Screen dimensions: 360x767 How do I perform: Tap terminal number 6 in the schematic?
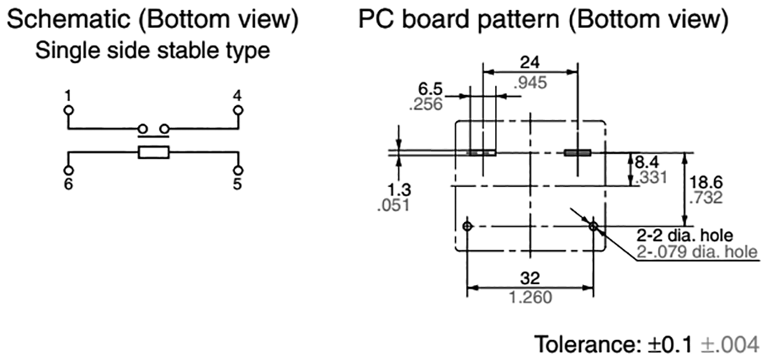coord(67,184)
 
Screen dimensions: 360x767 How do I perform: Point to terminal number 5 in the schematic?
coord(237,184)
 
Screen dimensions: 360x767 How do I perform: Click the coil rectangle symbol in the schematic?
coord(154,152)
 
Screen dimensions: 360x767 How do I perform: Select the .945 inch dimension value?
coord(530,82)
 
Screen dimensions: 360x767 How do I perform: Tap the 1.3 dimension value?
coord(398,190)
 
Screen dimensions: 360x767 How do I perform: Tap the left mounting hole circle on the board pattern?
coord(468,227)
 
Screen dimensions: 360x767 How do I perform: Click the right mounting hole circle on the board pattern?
coord(593,227)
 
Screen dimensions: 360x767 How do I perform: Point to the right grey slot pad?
coord(577,153)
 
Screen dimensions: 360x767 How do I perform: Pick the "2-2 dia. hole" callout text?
coord(684,236)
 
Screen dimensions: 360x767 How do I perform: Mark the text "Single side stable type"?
coord(153,51)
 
